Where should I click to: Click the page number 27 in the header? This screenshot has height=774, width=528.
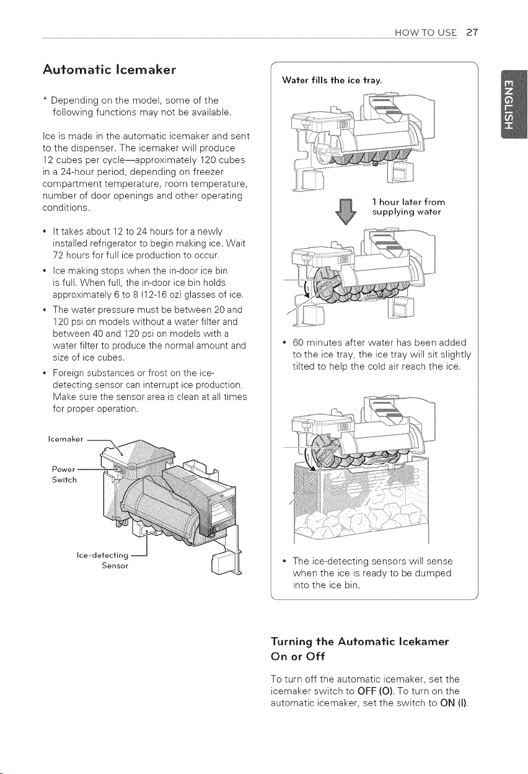tap(472, 32)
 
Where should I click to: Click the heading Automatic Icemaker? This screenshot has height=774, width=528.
tap(110, 70)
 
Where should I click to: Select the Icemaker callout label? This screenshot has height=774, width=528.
tap(66, 439)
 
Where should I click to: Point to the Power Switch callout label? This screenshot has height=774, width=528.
tap(64, 474)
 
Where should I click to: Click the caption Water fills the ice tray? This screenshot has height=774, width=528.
tap(332, 81)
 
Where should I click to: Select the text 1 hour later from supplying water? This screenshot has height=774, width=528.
tap(408, 207)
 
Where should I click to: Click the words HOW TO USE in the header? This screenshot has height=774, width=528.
tap(426, 33)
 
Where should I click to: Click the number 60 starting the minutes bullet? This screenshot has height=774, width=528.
tap(298, 342)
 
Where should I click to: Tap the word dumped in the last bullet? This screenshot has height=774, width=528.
tap(433, 573)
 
